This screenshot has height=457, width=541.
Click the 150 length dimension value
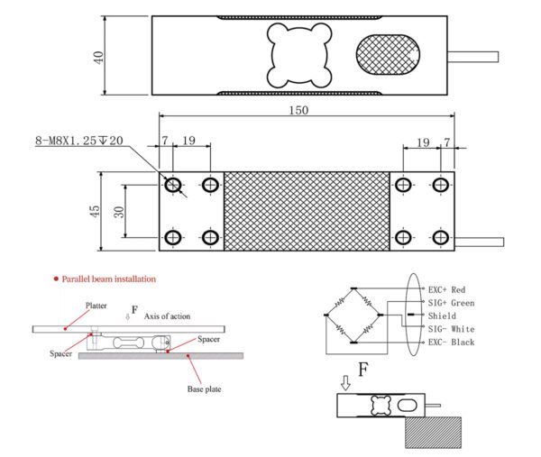coord(299,111)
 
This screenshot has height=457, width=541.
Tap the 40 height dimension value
coord(98,56)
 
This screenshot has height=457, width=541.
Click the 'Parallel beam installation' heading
coord(109,279)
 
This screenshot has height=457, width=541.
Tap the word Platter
coord(96,306)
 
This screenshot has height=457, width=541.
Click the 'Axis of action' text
coord(169,315)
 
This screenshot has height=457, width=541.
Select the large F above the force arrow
coord(363,370)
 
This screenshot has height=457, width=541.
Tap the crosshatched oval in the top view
coord(388,56)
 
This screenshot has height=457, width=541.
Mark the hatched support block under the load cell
coord(434,434)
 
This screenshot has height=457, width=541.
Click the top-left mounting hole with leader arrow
coord(172,185)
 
